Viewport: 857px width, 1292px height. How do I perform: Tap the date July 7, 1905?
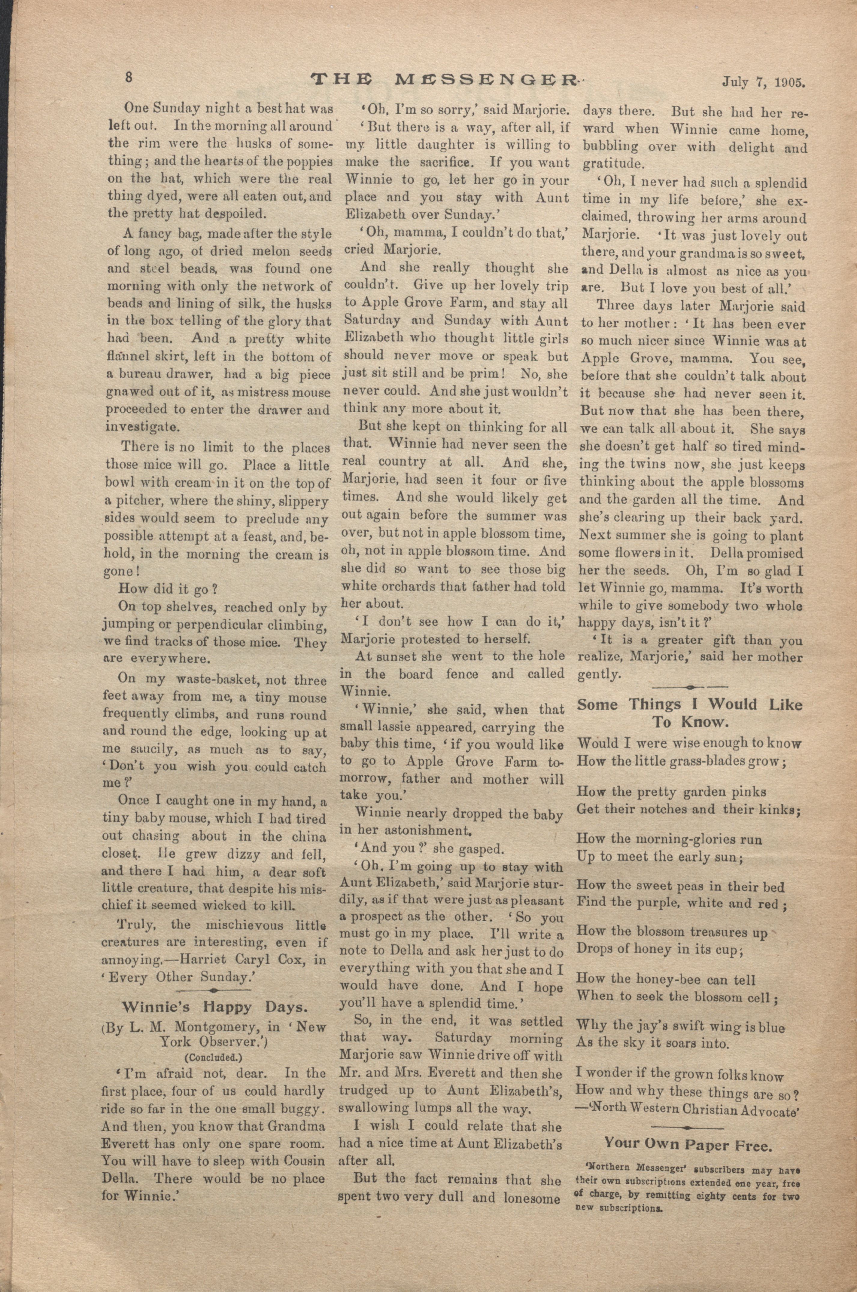(x=764, y=83)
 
